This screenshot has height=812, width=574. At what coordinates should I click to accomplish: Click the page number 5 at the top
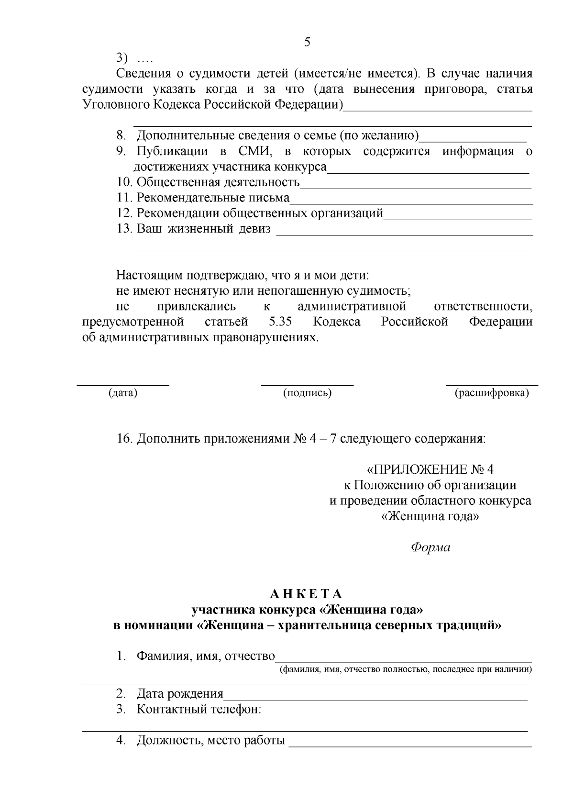click(307, 42)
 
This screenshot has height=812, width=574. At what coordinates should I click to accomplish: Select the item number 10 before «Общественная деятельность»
click(124, 182)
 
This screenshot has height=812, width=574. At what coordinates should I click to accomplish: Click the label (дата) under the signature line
click(123, 393)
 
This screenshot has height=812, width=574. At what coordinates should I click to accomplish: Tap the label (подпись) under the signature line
click(307, 393)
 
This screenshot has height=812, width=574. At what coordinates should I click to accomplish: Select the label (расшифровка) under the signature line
click(492, 393)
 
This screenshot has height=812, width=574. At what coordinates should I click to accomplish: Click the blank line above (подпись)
click(307, 384)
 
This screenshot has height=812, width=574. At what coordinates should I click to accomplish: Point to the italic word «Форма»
click(430, 548)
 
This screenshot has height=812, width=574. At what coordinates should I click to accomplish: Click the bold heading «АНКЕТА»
click(307, 594)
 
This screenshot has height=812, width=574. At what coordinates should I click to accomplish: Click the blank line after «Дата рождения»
click(375, 700)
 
